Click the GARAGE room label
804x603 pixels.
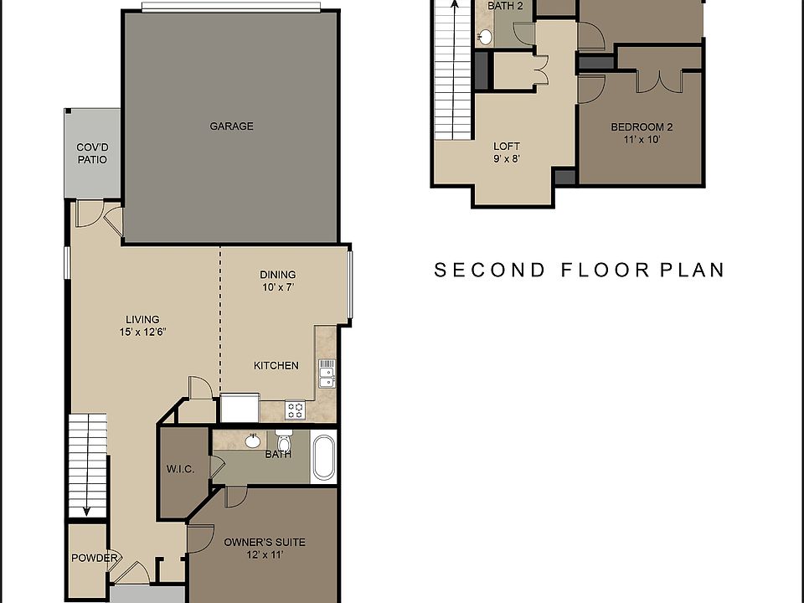pyautogui.click(x=231, y=126)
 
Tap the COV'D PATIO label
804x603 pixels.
pyautogui.click(x=92, y=153)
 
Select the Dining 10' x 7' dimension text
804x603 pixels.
pyautogui.click(x=278, y=287)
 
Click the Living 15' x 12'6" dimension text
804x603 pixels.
pyautogui.click(x=142, y=332)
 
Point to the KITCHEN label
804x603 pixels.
pyautogui.click(x=276, y=365)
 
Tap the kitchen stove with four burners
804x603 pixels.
pyautogui.click(x=296, y=410)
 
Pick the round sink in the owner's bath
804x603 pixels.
pyautogui.click(x=252, y=441)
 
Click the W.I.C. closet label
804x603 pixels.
pyautogui.click(x=181, y=470)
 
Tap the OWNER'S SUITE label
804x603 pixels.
pyautogui.click(x=264, y=542)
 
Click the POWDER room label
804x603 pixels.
pyautogui.click(x=93, y=559)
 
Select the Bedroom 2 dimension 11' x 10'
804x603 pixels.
pyautogui.click(x=642, y=141)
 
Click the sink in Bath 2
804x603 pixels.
pyautogui.click(x=485, y=37)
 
